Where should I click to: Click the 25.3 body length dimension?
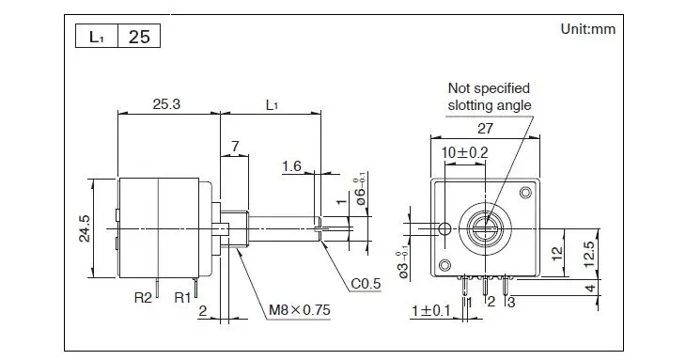166,104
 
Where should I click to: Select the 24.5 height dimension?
85,228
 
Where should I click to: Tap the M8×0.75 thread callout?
299,310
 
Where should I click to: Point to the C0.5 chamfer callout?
366,284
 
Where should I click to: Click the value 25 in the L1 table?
139,37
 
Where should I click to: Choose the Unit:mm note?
588,29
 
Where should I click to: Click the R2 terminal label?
143,298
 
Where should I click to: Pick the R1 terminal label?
182,298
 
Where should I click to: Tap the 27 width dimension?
485,129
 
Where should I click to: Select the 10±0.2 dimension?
464,152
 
